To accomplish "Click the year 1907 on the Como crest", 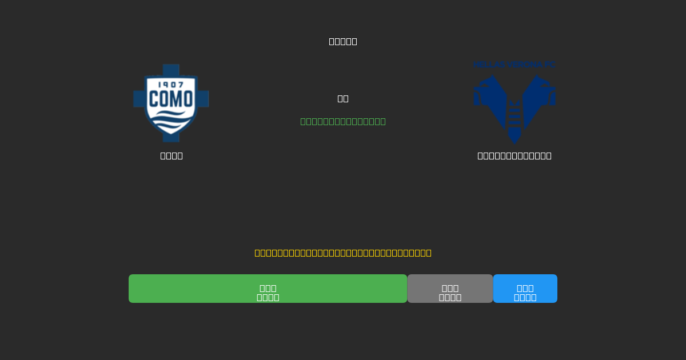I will coord(171,85).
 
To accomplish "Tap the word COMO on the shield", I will coord(171,99).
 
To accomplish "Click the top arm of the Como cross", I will coord(171,69).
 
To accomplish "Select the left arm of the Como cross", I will coord(139,98).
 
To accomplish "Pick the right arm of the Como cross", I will coord(204,98).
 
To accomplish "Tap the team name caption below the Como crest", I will coord(171,155).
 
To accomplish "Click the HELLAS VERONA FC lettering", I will coord(514,65).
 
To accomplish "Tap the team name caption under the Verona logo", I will coord(514,155).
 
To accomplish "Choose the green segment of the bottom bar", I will coord(268,289).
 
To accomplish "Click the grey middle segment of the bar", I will coord(450,289).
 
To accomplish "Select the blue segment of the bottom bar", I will coord(525,289).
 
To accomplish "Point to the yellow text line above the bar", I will coord(343,253).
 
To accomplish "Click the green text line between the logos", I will coord(343,121).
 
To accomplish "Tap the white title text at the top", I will coord(343,41).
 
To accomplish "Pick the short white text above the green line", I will coord(343,98).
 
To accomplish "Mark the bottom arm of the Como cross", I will coord(171,137).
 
